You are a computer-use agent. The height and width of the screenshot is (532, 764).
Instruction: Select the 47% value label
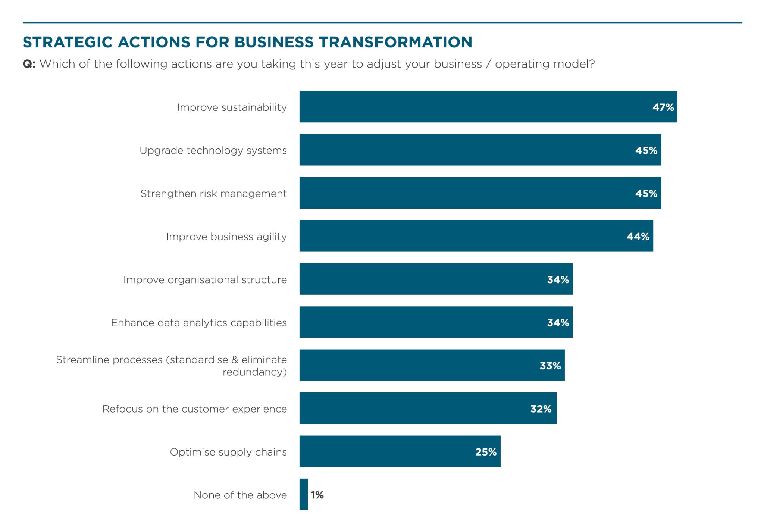click(x=663, y=107)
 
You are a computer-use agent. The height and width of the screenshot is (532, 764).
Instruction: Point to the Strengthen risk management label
click(x=213, y=194)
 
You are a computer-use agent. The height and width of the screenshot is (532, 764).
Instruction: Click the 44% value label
click(x=638, y=237)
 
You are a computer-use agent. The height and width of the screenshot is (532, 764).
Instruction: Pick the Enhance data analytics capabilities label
click(x=199, y=323)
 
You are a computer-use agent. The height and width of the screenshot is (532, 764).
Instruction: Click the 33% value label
click(x=550, y=366)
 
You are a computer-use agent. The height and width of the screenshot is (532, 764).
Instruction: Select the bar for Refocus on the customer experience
click(x=410, y=409)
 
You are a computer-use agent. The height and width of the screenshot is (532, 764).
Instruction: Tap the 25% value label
click(x=486, y=452)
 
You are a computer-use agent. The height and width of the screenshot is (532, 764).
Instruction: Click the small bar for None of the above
click(x=304, y=494)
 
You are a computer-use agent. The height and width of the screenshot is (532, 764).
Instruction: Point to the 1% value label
click(x=317, y=495)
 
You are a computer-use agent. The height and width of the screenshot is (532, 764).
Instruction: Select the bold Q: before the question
click(x=29, y=64)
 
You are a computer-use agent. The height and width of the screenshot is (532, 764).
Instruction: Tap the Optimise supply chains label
click(x=228, y=452)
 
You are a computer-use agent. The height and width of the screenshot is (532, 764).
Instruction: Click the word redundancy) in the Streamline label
click(x=254, y=372)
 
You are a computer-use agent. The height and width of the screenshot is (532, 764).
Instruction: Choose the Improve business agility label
click(x=226, y=237)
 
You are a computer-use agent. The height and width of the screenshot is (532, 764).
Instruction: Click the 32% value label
click(x=541, y=409)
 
